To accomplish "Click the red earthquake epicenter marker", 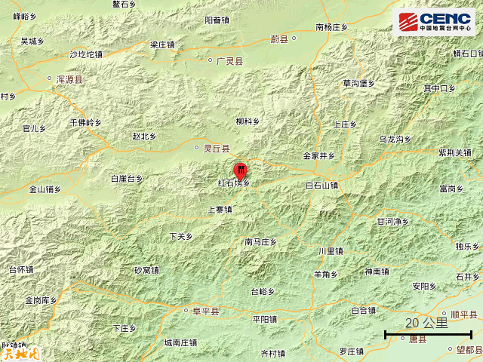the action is (241, 170).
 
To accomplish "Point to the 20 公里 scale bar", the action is (427, 330).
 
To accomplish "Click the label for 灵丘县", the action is (215, 149).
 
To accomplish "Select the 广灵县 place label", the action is (229, 60).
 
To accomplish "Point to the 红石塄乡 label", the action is (234, 183).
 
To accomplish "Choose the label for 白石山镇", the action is (322, 185).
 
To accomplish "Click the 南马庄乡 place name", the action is (261, 242).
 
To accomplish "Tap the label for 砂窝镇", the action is (146, 270).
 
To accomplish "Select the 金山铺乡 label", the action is (45, 189).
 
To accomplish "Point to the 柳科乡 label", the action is (247, 121).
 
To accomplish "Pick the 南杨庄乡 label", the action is (331, 27).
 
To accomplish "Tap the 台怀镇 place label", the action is (20, 269).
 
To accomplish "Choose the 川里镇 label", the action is (331, 251).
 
